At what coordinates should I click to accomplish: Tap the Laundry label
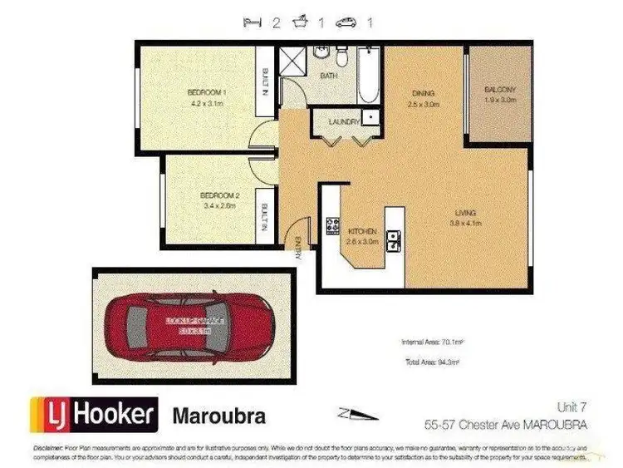coord(344,121)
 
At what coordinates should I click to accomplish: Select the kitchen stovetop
coord(332,226)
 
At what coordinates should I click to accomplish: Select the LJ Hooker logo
coord(94,414)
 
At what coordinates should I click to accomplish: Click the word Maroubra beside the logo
coord(218,415)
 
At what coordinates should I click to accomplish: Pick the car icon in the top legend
coord(345,23)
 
